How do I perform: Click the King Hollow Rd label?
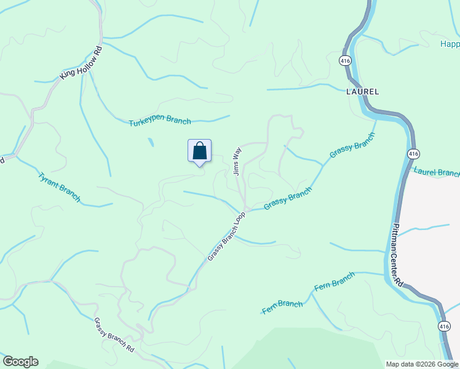81,63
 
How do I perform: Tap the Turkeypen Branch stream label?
160,122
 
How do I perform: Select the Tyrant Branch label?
59,187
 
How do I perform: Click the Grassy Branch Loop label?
226,237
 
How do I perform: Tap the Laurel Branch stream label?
437,172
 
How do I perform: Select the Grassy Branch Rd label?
114,335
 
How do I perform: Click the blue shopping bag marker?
199,151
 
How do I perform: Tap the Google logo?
20,362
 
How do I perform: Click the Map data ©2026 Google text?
422,364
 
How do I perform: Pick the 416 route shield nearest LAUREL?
344,60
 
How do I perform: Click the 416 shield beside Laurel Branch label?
414,153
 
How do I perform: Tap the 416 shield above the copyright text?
443,326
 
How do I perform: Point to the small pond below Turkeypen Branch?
151,142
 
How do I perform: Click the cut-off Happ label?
450,44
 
